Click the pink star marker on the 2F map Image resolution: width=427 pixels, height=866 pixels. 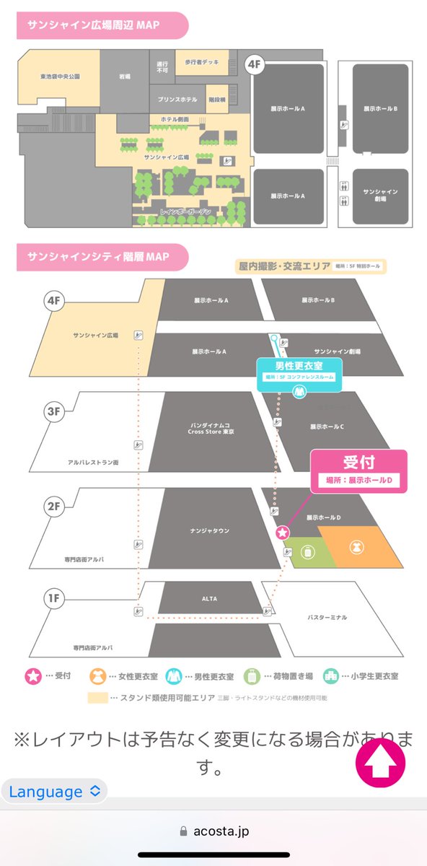(282, 533)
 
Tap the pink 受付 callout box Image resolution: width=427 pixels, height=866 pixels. (358, 471)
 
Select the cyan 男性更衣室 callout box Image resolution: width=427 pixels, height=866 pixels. (299, 371)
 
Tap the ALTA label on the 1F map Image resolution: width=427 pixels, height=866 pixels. (210, 599)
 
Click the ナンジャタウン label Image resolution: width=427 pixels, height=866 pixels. (209, 530)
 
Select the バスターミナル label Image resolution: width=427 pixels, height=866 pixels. (327, 618)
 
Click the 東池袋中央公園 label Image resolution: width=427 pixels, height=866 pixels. (59, 76)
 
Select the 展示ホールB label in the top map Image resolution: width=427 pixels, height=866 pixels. (380, 109)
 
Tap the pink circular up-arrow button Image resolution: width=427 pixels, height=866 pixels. (381, 762)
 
